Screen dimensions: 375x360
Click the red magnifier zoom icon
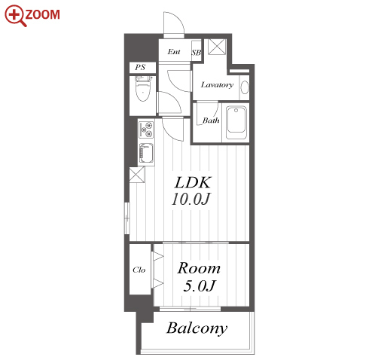coord(15,15)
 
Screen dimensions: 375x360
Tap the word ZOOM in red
coord(42,14)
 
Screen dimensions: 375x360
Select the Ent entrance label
coord(174,52)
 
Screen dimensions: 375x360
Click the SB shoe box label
coord(197,53)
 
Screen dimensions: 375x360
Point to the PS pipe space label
coord(140,67)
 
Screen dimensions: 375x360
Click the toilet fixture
coord(143,88)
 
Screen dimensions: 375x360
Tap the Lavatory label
coord(217,85)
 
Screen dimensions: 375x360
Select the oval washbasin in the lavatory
coord(245,87)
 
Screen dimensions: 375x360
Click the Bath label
coord(211,121)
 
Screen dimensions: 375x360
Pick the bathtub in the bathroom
coord(236,123)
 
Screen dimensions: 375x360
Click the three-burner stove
coord(146,130)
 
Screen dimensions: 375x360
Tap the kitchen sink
coord(146,153)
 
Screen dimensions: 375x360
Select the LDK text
coord(193,182)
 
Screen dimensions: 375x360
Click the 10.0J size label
coord(191,199)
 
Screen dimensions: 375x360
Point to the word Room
coord(199,268)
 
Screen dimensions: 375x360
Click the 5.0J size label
coord(200,285)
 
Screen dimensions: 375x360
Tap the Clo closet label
coord(139,270)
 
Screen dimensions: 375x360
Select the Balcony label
coord(197,328)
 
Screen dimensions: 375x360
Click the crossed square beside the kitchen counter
coord(137,175)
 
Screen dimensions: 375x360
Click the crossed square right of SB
coord(218,47)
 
